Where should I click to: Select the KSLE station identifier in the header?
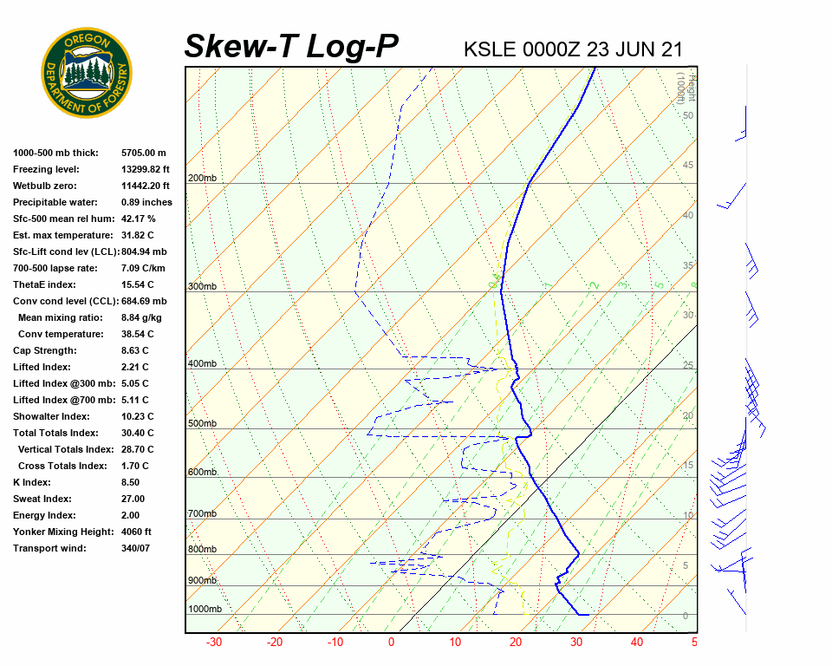point(491,49)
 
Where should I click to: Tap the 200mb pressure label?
point(202,178)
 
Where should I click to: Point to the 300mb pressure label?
point(202,286)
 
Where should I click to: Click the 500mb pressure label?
point(202,423)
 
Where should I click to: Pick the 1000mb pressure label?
point(205,609)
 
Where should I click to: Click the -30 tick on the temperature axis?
point(214,643)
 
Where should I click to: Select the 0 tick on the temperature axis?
point(392,643)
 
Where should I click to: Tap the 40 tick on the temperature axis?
point(637,643)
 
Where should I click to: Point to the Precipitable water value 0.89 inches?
point(146,202)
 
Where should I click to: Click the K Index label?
point(31,482)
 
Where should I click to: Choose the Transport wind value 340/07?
point(136,548)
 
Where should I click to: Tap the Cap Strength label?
point(44,350)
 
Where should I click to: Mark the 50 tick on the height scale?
point(687,115)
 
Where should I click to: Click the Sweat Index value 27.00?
point(133,499)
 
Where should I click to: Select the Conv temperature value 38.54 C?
point(137,334)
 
